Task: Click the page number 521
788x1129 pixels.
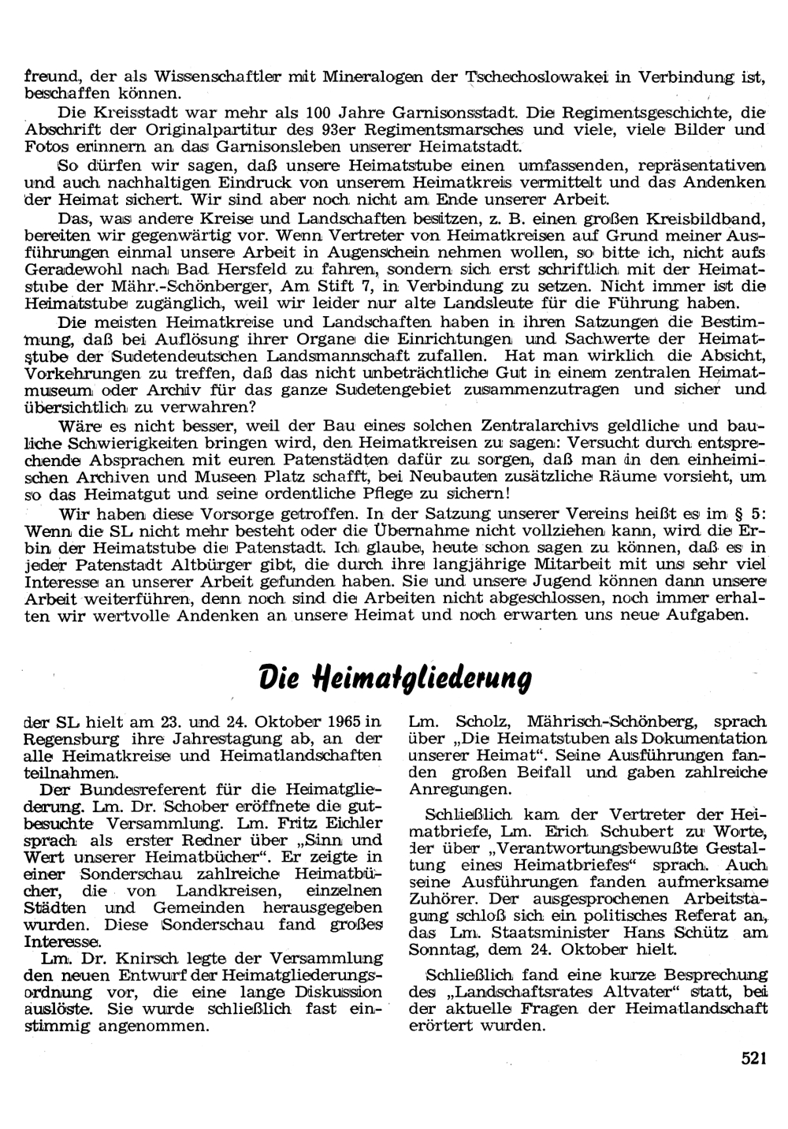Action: click(754, 1060)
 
